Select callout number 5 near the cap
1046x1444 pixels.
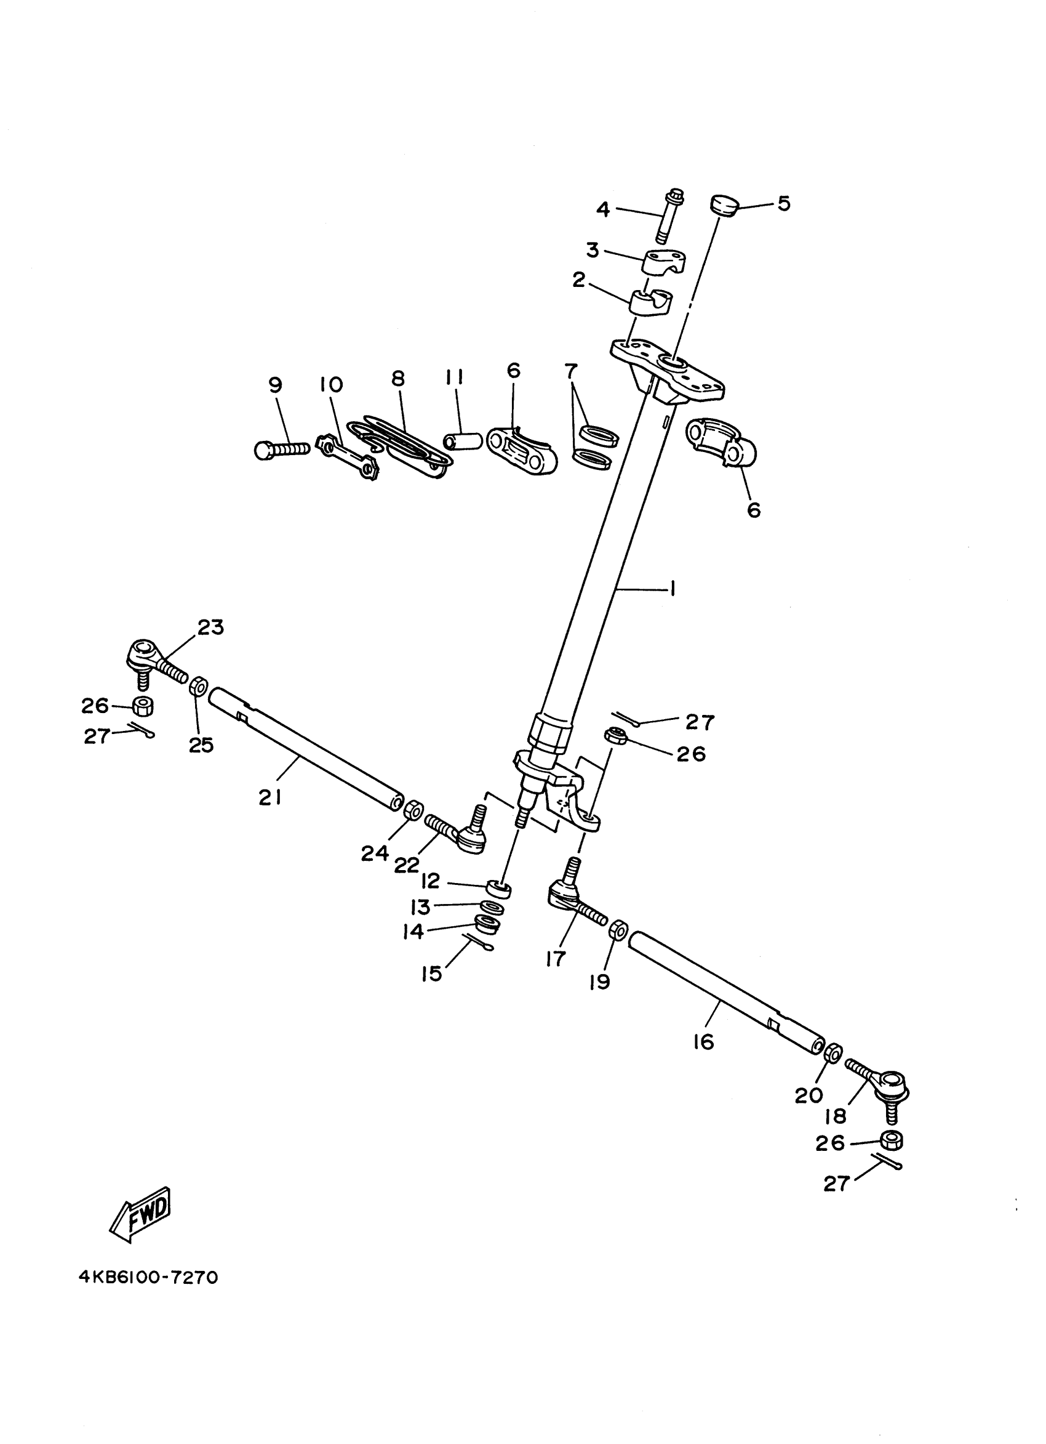point(784,204)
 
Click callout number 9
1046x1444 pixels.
point(275,385)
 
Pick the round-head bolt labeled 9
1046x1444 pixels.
point(280,450)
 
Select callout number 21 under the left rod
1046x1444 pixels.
point(269,798)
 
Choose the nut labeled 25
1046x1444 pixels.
point(198,687)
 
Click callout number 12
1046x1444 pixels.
point(431,881)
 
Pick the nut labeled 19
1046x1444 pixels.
point(617,930)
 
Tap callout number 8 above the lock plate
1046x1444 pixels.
point(397,378)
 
